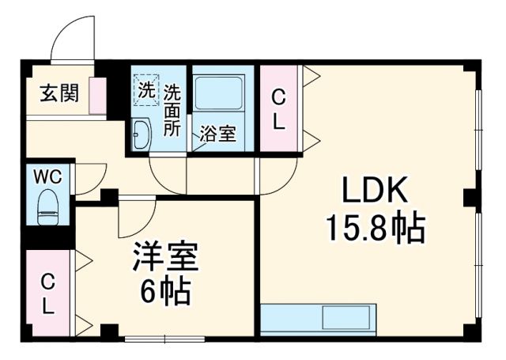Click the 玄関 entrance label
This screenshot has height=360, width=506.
coord(59,93)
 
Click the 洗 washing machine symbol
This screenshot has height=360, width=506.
coord(145,90)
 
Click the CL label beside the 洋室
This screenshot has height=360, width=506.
coord(48,294)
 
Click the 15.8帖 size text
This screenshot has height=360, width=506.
coord(375,229)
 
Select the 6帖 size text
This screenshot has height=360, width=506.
coord(166,294)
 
